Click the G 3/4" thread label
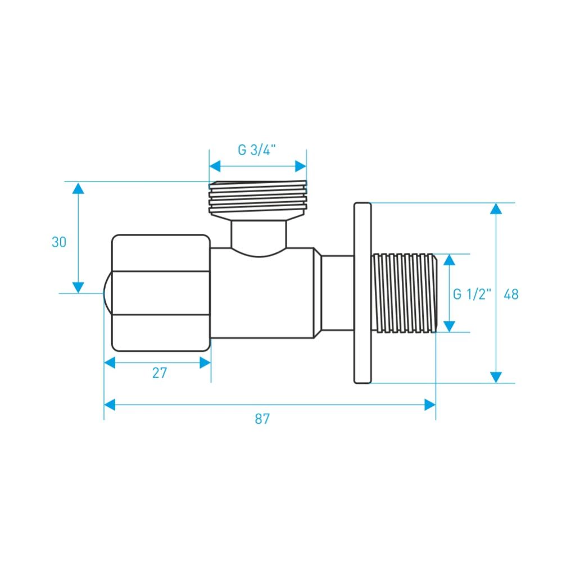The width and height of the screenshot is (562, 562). pyautogui.click(x=257, y=150)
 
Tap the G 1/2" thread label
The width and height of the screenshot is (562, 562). pyautogui.click(x=472, y=294)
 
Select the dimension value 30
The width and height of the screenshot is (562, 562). pyautogui.click(x=59, y=242)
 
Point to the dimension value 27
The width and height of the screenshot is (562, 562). pyautogui.click(x=160, y=373)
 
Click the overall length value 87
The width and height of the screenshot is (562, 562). pyautogui.click(x=262, y=419)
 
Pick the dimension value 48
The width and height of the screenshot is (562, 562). pyautogui.click(x=511, y=294)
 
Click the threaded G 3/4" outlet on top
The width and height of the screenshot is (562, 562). pyautogui.click(x=258, y=200)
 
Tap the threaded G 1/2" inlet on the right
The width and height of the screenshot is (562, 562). pyautogui.click(x=405, y=293)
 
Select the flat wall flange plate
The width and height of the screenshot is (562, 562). pyautogui.click(x=362, y=293)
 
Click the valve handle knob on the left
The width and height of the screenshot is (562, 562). pyautogui.click(x=161, y=293)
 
